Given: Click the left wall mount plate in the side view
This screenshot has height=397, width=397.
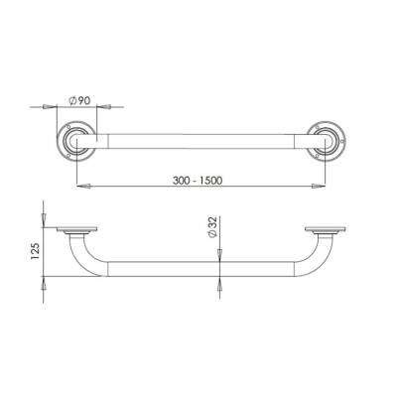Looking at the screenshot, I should [x=76, y=231].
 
